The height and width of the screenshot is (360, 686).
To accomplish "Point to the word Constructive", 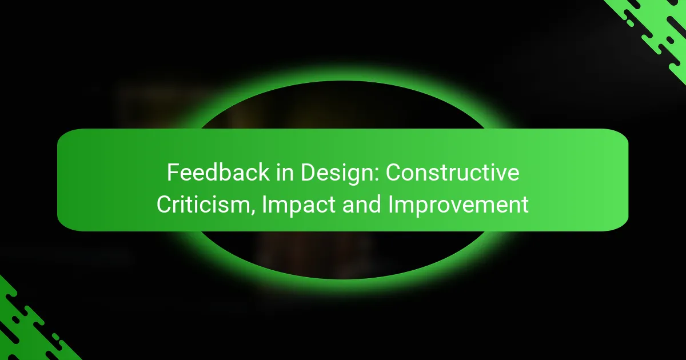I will pos(452,173).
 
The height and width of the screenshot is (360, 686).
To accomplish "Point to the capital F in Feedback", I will pos(171,173).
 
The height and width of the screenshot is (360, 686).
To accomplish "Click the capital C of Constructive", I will pos(393,173).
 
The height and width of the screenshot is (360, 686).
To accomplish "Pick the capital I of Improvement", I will pos(391,205).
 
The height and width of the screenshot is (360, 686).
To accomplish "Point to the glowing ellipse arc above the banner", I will pos(343,91).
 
